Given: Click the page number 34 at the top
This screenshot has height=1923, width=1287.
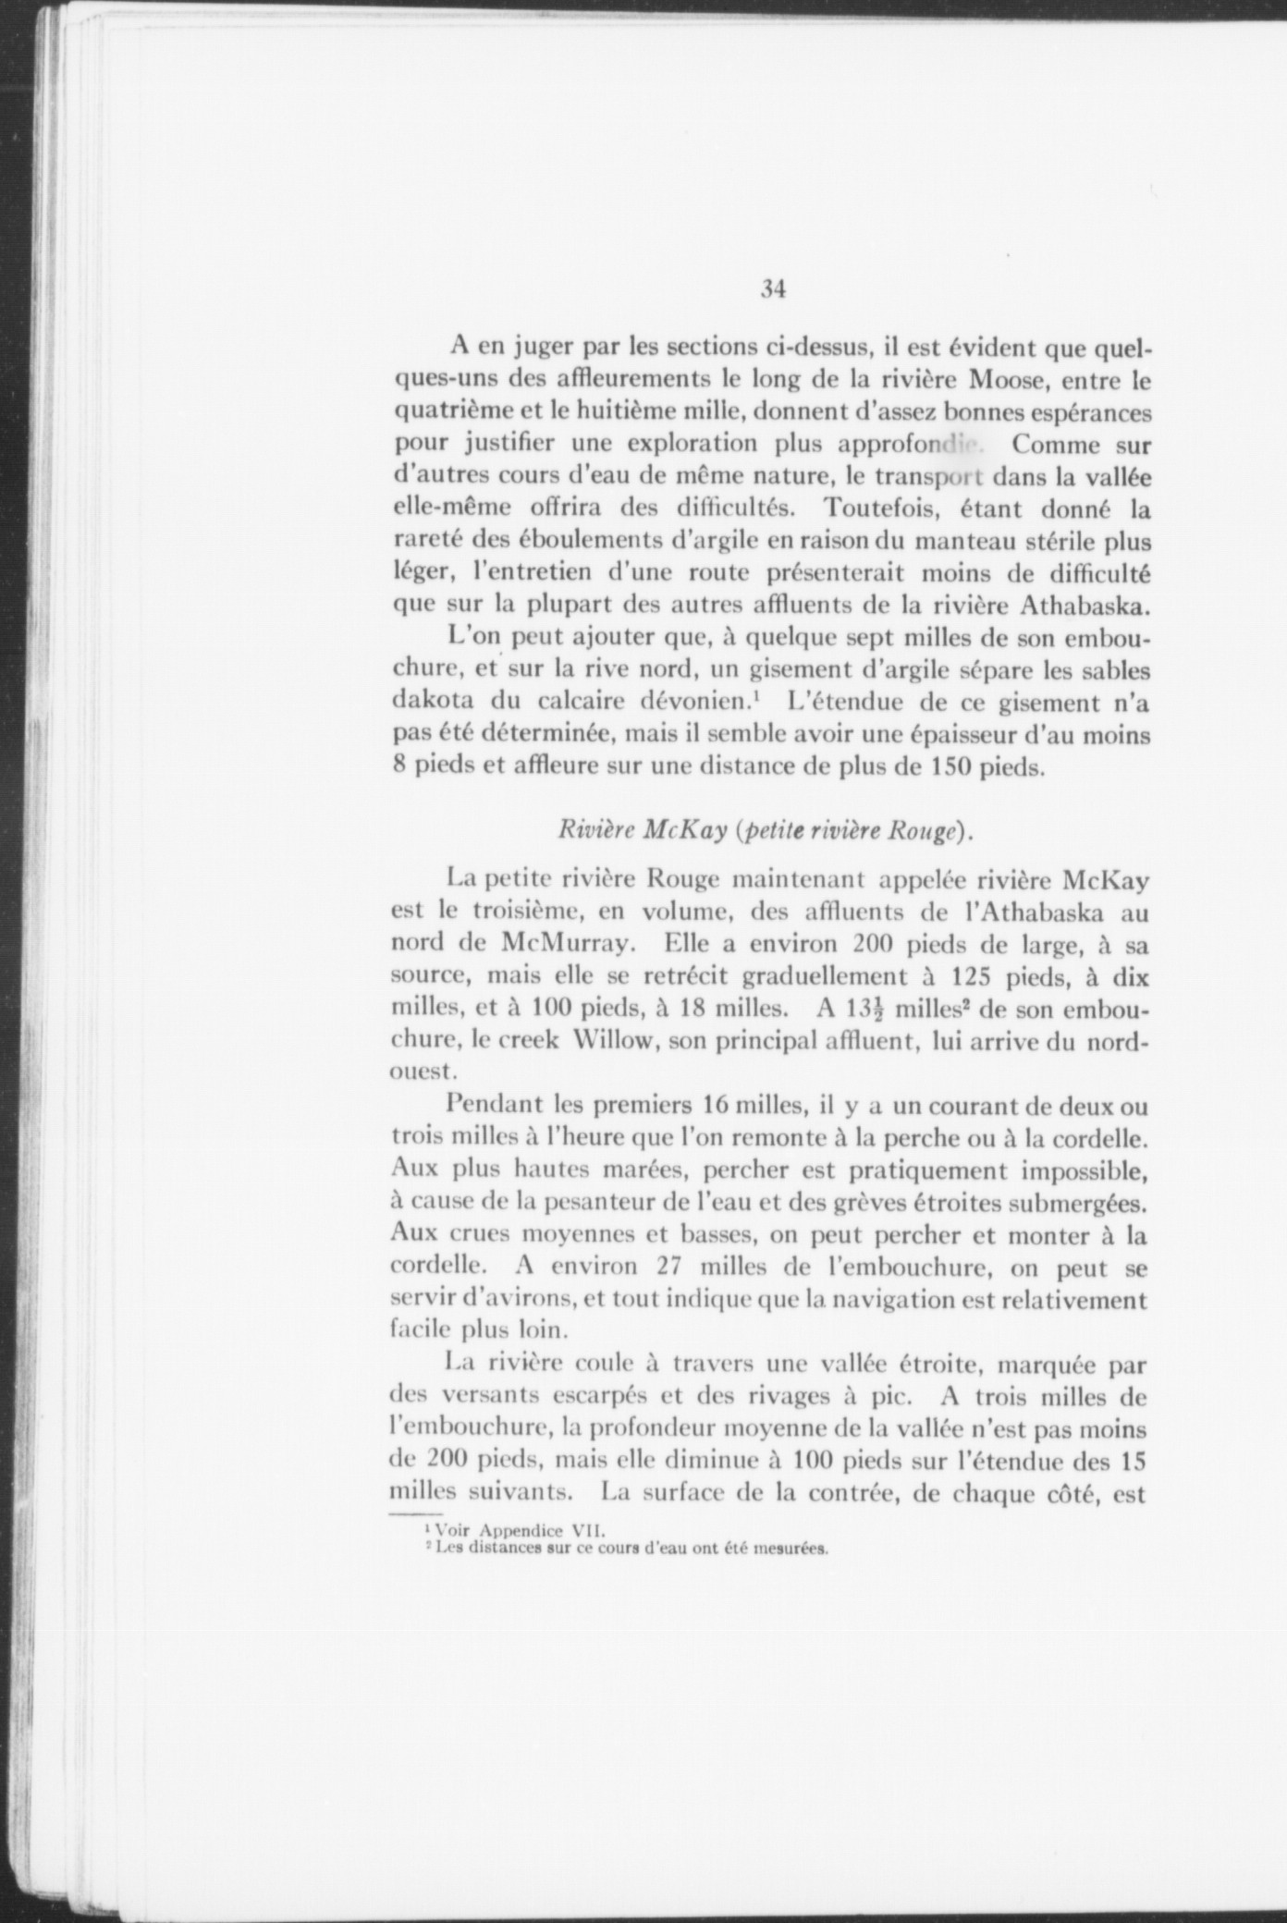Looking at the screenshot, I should [773, 289].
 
